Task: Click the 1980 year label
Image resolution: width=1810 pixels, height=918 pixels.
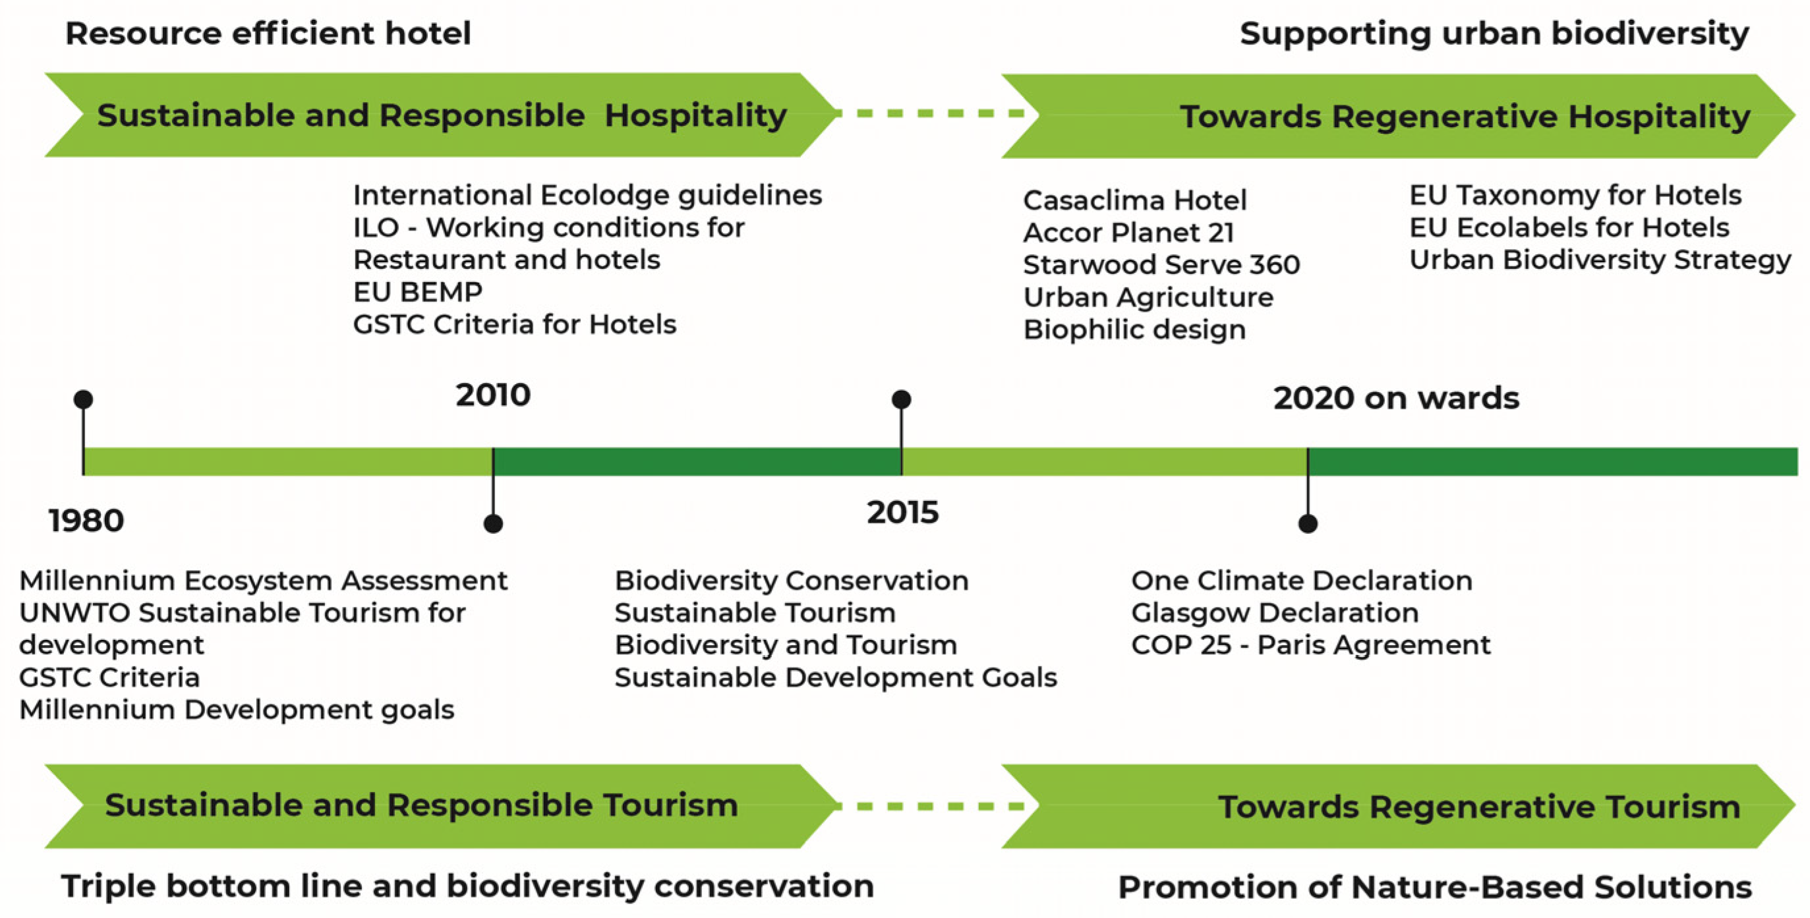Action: click(86, 521)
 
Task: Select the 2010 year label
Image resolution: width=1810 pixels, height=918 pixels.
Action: click(493, 395)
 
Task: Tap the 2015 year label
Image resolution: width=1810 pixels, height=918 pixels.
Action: click(903, 513)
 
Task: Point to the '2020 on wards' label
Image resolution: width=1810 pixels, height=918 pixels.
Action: click(1396, 398)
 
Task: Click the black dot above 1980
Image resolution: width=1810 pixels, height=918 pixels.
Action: click(83, 399)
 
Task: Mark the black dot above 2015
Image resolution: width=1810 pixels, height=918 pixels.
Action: click(902, 399)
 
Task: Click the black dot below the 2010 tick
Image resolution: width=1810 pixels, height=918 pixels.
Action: click(493, 523)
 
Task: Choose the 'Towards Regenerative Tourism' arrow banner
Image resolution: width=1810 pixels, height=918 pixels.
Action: click(1398, 807)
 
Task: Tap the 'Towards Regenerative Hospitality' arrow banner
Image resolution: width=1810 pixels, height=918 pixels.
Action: click(1398, 116)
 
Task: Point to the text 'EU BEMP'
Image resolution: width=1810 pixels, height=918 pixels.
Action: click(418, 292)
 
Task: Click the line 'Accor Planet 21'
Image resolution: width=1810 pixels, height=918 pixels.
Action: click(1128, 233)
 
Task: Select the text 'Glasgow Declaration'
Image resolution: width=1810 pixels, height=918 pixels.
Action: click(1275, 613)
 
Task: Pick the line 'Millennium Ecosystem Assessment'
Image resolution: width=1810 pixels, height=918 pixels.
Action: click(263, 581)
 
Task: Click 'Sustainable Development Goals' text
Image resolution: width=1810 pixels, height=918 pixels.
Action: click(835, 677)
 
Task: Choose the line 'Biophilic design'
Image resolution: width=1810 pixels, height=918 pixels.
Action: click(1134, 330)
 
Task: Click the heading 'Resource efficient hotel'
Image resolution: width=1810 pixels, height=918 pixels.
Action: click(268, 34)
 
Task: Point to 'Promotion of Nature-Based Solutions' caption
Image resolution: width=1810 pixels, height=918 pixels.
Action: click(1434, 887)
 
